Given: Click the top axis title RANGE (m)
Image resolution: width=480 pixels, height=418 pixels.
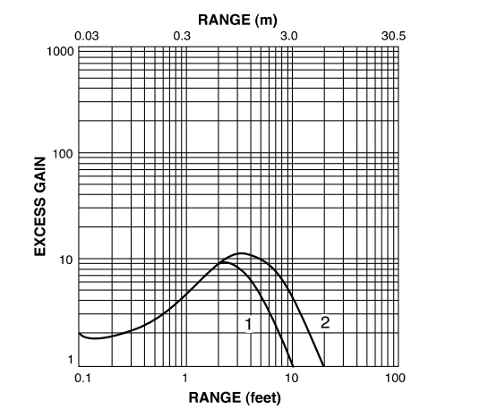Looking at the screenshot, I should [x=237, y=19].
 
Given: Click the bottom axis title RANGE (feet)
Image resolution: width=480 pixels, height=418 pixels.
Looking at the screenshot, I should [x=236, y=396].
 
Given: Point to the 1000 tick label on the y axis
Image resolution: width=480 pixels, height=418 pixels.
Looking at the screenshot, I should [x=60, y=50].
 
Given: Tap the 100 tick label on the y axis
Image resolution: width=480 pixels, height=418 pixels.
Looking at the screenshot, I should [x=63, y=155].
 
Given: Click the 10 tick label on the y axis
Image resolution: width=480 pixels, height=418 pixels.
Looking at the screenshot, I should [x=65, y=260].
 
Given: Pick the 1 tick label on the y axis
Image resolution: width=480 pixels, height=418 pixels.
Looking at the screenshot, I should [x=69, y=361].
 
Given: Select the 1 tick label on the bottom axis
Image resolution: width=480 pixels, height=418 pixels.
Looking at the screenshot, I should [x=185, y=377].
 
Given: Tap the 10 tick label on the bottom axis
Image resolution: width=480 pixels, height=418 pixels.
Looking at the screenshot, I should [x=290, y=377].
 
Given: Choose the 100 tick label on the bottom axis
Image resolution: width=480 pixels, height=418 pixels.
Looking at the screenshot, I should [x=395, y=377].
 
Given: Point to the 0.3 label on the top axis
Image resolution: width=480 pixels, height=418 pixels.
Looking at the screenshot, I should [x=183, y=36].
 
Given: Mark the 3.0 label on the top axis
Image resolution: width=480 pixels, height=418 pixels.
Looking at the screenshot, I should [x=288, y=36].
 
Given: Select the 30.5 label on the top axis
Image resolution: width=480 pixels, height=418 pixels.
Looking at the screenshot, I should [x=393, y=36].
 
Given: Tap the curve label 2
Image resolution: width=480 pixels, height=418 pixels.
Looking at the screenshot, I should [x=324, y=323].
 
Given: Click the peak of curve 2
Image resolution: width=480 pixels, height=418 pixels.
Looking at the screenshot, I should [x=240, y=254].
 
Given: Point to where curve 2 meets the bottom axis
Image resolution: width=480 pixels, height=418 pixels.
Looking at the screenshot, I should [x=324, y=364].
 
